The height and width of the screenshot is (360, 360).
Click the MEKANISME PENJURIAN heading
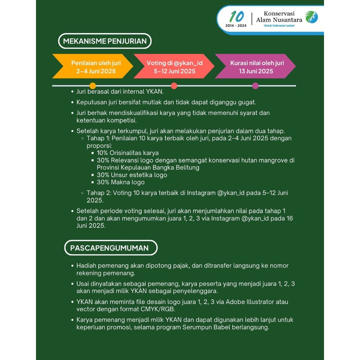(x=105, y=41)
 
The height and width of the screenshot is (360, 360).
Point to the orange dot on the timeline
(x=93, y=86)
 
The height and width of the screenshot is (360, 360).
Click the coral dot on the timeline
(x=174, y=86)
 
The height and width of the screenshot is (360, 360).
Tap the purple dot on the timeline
(x=255, y=86)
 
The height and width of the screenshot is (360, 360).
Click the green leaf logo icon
(x=312, y=17)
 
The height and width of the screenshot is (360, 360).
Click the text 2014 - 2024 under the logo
(x=236, y=25)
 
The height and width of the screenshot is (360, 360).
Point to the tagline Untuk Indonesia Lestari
(x=279, y=26)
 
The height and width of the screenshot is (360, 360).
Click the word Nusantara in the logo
(x=288, y=20)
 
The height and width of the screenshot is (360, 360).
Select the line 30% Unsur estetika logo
(x=132, y=175)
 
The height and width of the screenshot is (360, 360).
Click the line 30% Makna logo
(x=121, y=182)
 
